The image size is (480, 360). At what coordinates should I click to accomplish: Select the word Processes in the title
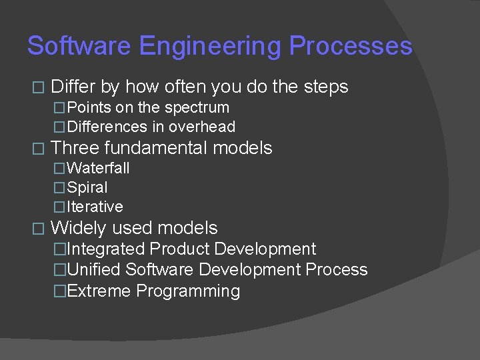pyautogui.click(x=351, y=46)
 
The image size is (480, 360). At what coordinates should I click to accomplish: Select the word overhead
pyautogui.click(x=202, y=127)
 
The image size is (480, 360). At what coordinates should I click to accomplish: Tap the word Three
pyautogui.click(x=75, y=147)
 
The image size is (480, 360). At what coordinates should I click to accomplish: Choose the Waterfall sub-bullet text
pyautogui.click(x=98, y=168)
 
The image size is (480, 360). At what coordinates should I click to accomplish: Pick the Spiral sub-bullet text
pyautogui.click(x=87, y=188)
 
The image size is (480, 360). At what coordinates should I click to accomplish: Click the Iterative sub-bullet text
pyautogui.click(x=95, y=207)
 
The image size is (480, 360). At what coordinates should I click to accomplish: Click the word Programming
pyautogui.click(x=188, y=292)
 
